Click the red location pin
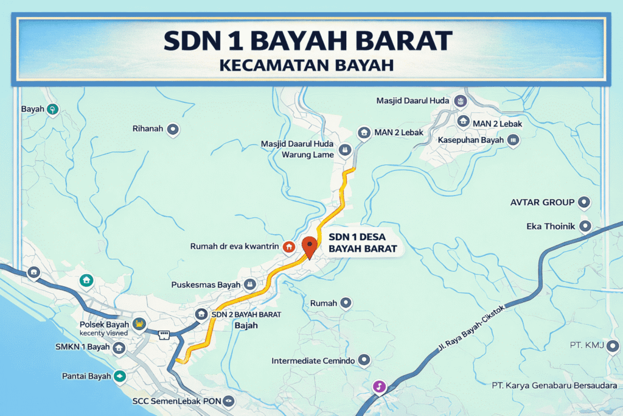(x=310, y=247)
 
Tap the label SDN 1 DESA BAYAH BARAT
(x=363, y=242)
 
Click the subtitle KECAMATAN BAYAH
(x=311, y=65)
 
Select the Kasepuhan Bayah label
(x=471, y=140)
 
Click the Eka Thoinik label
(x=551, y=227)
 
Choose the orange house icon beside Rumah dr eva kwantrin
(x=290, y=247)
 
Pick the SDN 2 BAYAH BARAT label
(x=246, y=314)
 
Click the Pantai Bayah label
(x=87, y=376)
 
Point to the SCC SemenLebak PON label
(x=176, y=401)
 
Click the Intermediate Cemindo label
(x=313, y=361)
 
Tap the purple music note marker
(x=379, y=386)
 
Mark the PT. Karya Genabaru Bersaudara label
(x=554, y=386)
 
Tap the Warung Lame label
(x=307, y=155)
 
